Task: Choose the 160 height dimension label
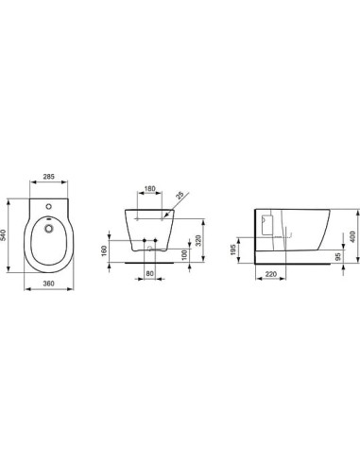(121, 252)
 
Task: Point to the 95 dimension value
(338, 256)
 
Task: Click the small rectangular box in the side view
(266, 223)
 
